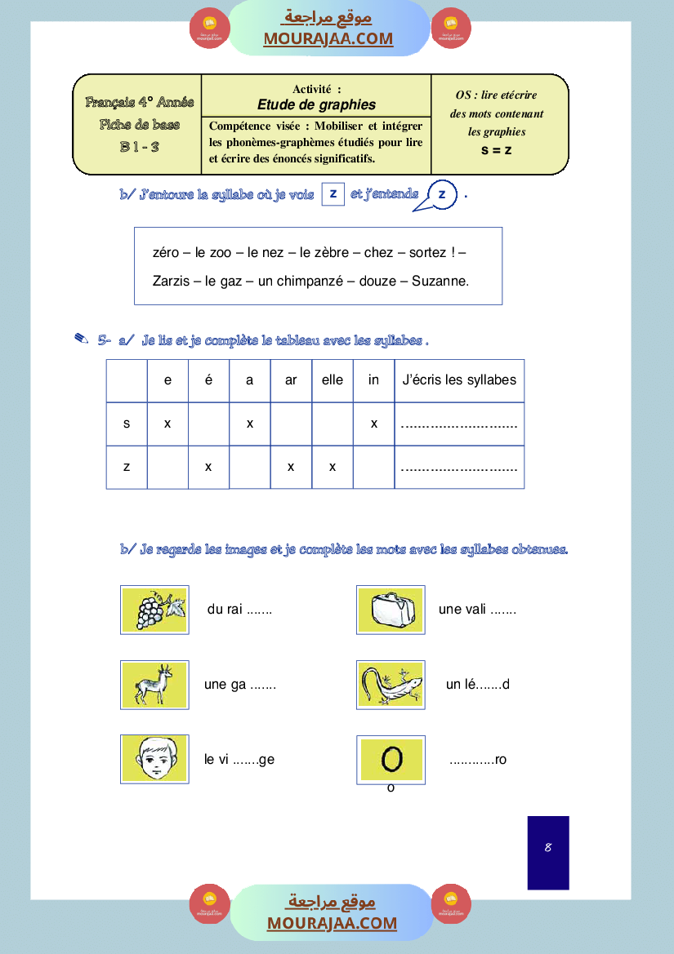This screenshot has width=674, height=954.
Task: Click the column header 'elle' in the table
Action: [x=333, y=380]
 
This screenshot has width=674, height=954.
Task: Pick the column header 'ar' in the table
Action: [x=291, y=380]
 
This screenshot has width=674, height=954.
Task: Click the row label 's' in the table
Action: [x=127, y=424]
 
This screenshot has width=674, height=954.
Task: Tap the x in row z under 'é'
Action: [x=208, y=467]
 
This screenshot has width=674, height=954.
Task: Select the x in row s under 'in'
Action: [x=373, y=424]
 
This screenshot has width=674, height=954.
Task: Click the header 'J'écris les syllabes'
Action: [x=459, y=380]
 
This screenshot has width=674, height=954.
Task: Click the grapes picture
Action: [x=154, y=610]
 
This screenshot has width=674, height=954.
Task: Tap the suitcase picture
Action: [x=391, y=610]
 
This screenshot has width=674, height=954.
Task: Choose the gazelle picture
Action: [x=154, y=684]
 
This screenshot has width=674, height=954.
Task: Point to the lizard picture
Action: [x=391, y=684]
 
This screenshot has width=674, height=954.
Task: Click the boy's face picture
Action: [x=154, y=759]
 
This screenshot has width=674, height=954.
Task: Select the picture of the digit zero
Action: [x=391, y=760]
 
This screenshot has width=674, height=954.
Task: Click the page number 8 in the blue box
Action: [x=548, y=848]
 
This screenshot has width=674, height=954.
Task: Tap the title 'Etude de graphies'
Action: [x=316, y=104]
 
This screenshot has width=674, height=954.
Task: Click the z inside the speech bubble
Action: [x=442, y=194]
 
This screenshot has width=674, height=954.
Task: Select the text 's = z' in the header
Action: [x=496, y=149]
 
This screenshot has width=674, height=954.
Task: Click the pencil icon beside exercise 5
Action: [x=81, y=339]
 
